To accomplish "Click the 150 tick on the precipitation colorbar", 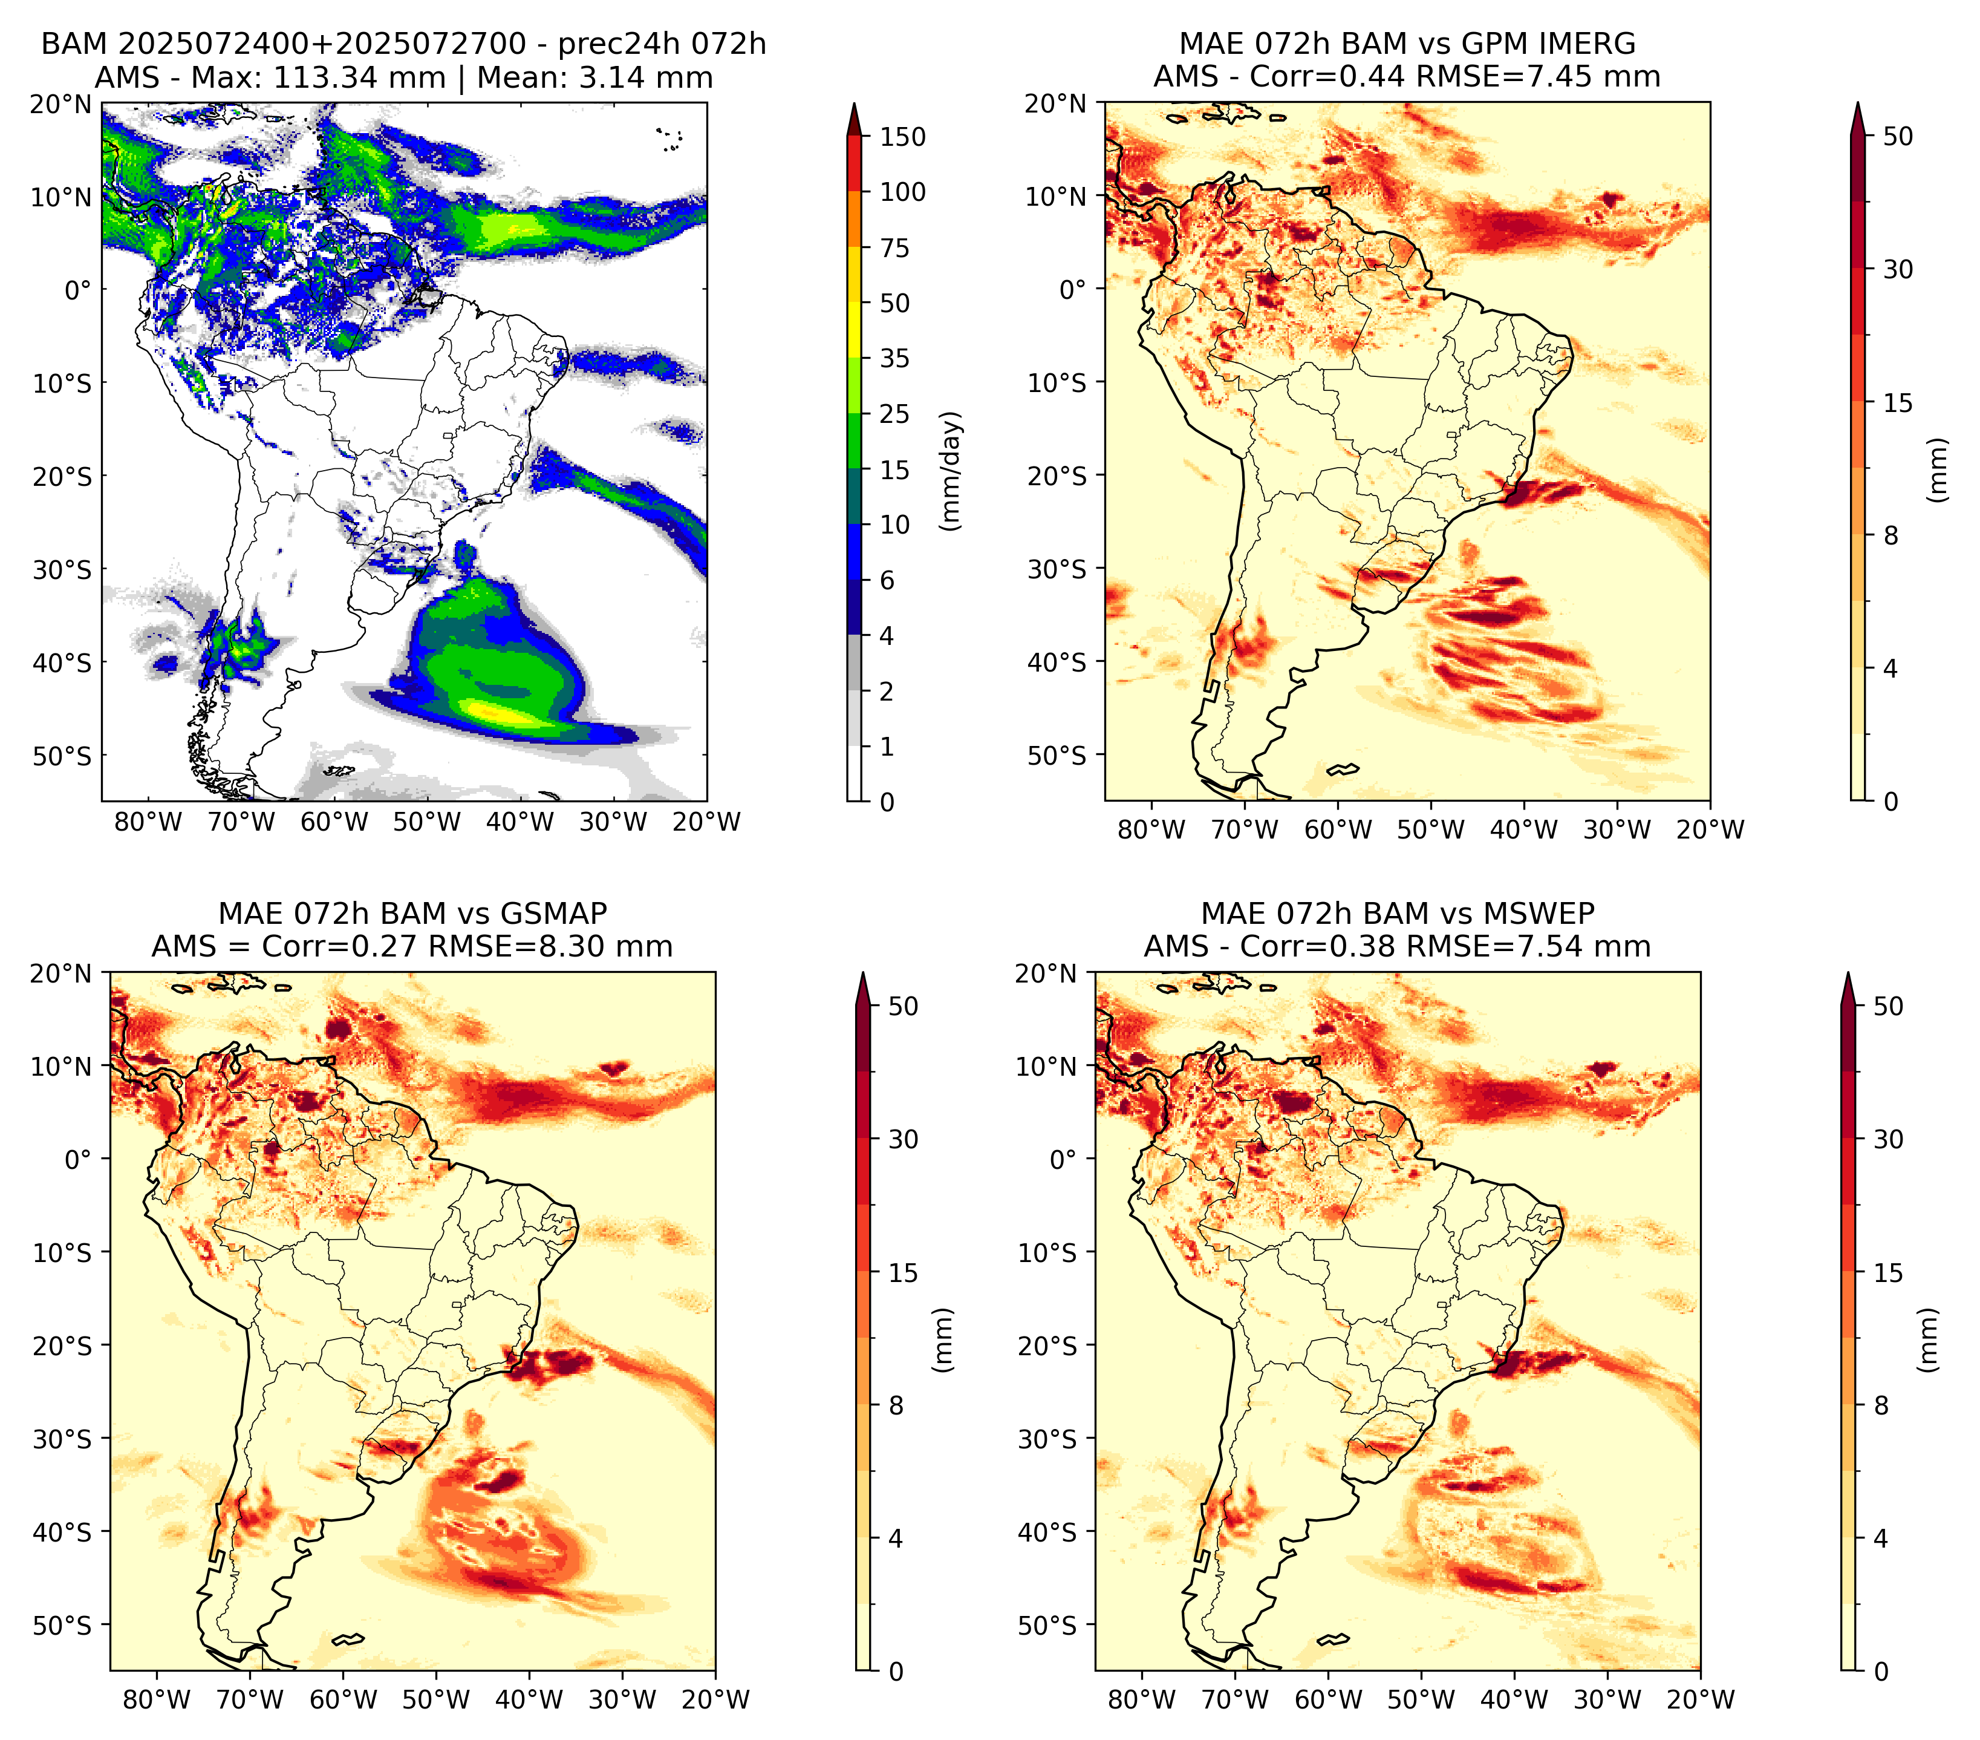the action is [902, 137].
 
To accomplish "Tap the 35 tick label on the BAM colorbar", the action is [894, 358].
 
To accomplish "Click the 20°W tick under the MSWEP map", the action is [1701, 1700].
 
